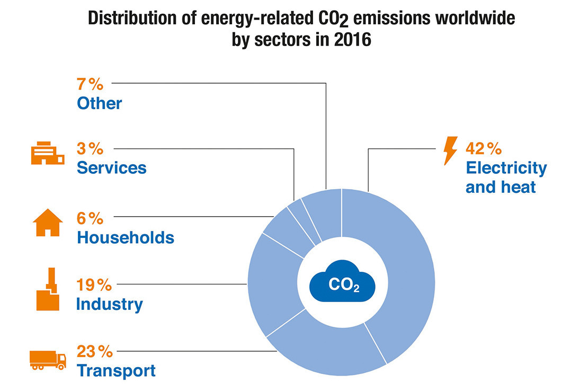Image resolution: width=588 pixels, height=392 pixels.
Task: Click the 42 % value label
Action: point(483,148)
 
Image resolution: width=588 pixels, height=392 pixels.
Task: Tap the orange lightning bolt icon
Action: point(450,150)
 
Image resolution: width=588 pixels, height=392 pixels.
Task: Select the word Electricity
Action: point(506,168)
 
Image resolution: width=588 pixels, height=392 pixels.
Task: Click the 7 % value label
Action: point(90,84)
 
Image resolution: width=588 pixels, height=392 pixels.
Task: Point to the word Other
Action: point(100,103)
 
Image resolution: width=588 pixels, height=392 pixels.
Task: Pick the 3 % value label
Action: point(90,148)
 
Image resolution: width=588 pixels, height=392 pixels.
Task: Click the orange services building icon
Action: point(48,153)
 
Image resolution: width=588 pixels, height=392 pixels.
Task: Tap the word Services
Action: point(111,168)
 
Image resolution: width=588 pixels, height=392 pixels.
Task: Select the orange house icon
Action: point(48,222)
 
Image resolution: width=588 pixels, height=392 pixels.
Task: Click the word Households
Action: point(126,237)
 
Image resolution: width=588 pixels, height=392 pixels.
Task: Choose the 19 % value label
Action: point(94,284)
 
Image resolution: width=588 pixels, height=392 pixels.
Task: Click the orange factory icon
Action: point(48,289)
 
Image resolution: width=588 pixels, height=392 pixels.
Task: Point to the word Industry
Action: point(110,304)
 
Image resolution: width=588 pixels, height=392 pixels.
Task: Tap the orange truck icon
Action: point(48,360)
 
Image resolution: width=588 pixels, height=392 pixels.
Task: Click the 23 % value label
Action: point(94,352)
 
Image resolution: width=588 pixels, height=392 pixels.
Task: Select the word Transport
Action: point(116,371)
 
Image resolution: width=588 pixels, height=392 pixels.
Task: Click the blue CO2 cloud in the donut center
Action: point(342,281)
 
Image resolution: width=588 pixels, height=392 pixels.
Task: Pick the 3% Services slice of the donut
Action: point(303,219)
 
